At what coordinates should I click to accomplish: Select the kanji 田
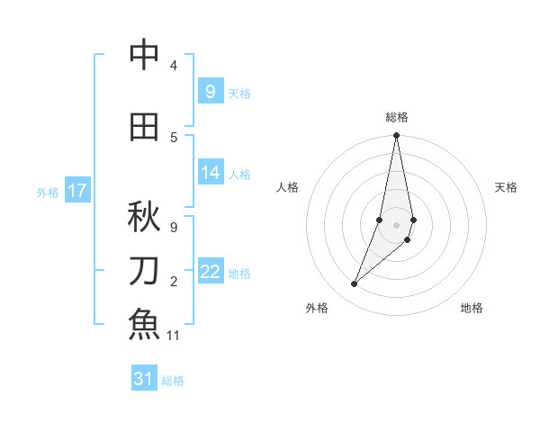[144, 127]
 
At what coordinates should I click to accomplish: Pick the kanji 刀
[144, 270]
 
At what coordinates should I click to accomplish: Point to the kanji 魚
[144, 323]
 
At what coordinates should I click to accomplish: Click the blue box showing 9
[210, 91]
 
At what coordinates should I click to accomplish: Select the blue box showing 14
[210, 173]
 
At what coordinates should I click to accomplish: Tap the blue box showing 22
[210, 272]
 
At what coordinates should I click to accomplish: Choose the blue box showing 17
[76, 191]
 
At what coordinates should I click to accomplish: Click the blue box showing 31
[144, 379]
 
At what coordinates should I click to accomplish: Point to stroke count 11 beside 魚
[174, 336]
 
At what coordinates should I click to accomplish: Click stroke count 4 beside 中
[174, 65]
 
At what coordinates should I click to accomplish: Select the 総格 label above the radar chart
[397, 117]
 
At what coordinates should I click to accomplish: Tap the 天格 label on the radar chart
[506, 187]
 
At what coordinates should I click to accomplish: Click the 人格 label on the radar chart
[287, 187]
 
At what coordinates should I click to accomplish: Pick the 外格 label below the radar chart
[317, 308]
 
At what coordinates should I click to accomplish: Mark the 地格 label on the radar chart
[472, 308]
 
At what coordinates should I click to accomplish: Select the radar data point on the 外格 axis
[355, 284]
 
